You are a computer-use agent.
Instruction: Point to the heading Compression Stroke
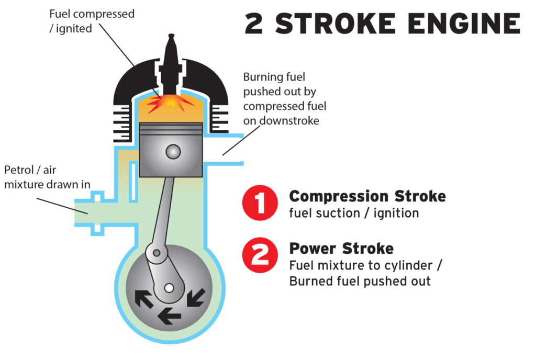pos(367,197)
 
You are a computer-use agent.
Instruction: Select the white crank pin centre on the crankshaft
pos(169,287)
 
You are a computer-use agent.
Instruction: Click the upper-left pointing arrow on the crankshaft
pos(144,298)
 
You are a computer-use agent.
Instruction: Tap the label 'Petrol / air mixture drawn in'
pos(47,177)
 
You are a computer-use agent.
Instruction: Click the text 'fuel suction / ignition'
pos(354,213)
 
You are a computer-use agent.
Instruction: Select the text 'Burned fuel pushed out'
pos(360,281)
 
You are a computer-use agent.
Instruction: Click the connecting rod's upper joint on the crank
pos(155,253)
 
